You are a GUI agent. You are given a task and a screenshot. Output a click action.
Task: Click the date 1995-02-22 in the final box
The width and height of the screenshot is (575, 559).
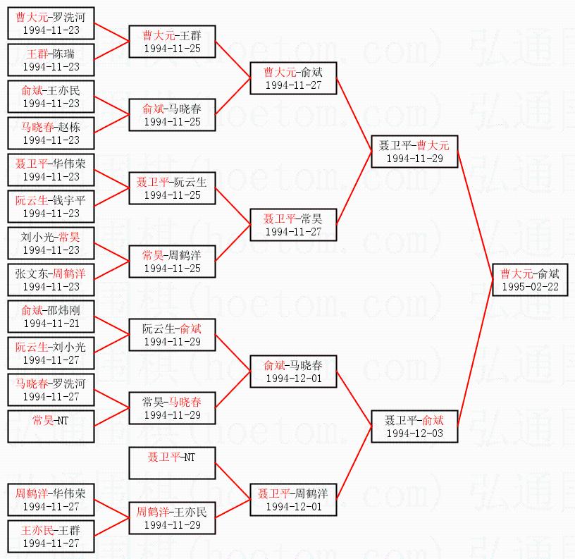point(530,287)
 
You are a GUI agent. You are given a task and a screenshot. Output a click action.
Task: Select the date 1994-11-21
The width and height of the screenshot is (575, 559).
point(51,324)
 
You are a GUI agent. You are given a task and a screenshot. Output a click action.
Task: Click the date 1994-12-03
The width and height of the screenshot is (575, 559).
point(414,433)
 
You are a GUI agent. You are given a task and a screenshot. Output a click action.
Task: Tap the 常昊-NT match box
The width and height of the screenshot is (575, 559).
point(51,426)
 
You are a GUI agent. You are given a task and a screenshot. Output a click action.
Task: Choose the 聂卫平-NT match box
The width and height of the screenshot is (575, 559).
point(172,463)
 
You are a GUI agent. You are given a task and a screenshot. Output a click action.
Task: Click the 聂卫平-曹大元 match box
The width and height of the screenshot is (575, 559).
point(414,152)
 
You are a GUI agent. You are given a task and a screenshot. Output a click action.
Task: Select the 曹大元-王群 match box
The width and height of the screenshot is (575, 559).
point(172,42)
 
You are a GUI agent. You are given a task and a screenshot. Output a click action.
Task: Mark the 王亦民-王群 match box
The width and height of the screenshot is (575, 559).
point(51,536)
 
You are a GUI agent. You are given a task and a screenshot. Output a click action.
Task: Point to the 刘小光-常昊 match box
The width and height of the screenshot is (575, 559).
point(51,243)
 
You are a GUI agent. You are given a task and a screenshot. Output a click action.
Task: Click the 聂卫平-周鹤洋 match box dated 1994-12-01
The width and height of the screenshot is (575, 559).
point(293,500)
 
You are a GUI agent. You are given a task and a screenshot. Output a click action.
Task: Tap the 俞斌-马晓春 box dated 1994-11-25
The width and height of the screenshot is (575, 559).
point(172,115)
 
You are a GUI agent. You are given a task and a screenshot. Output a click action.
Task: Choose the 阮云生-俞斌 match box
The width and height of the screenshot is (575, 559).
point(172,335)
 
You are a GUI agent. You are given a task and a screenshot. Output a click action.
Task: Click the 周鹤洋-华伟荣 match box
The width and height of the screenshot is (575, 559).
point(51,500)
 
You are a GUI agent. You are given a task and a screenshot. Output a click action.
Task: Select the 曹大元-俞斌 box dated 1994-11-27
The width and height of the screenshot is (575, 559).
point(293,78)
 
